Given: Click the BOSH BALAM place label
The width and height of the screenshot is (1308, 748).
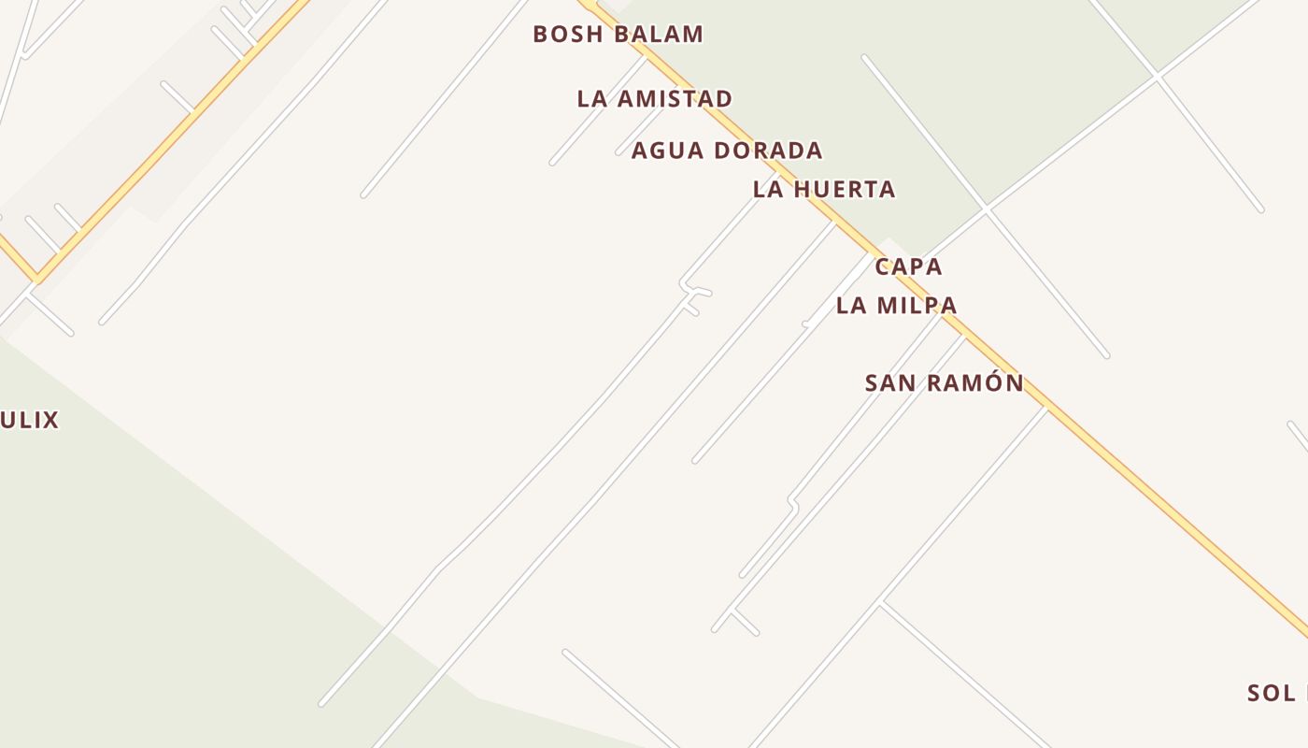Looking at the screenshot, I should (618, 35).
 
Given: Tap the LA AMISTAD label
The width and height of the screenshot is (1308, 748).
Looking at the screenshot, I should (654, 98).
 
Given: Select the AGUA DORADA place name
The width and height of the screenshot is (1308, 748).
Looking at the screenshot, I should (726, 151).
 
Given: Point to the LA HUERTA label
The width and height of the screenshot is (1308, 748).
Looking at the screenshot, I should (824, 190).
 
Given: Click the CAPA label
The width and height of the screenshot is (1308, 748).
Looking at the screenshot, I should (908, 266).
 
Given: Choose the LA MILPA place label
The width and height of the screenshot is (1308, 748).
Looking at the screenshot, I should (896, 305).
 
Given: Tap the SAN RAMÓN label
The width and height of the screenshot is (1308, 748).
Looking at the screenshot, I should (944, 382).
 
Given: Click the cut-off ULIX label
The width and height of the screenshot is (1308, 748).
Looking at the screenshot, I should (29, 420).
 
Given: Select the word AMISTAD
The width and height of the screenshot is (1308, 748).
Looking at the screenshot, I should (685, 98).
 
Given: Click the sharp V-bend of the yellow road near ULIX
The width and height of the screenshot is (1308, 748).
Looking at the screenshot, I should (36, 278).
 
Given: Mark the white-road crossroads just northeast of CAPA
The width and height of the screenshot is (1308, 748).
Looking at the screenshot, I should (986, 209).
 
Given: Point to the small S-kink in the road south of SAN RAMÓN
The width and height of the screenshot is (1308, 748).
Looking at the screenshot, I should (793, 503).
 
